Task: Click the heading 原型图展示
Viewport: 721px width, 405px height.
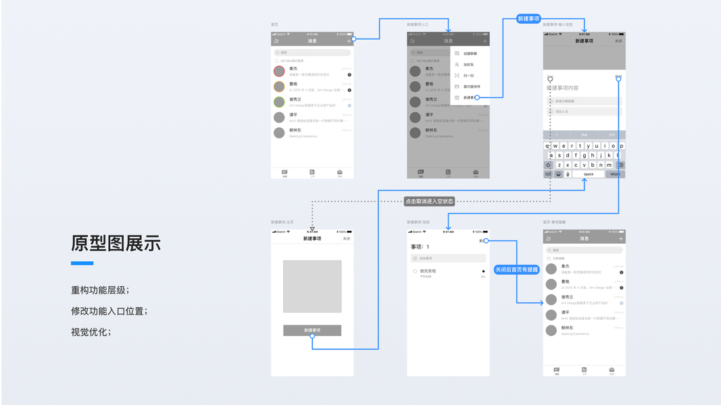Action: coord(116,244)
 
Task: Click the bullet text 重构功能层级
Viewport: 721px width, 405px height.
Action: coord(100,290)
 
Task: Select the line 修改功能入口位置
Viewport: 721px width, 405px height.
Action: coord(109,311)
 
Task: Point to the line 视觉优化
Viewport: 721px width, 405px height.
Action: coord(91,332)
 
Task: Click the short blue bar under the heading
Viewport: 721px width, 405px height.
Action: coord(82,263)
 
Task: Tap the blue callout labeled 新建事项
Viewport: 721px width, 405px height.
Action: coord(528,19)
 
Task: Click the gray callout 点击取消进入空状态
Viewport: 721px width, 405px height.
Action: coord(429,201)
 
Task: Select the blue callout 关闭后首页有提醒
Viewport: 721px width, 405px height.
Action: coord(517,269)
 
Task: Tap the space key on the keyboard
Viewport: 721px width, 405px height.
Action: coord(589,174)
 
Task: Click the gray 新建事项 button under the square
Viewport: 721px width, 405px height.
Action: coord(312,330)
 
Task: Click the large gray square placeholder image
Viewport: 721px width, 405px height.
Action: coord(312,286)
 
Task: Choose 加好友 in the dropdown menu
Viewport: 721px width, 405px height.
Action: coord(468,65)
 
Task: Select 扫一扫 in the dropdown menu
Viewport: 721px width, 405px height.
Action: coord(468,76)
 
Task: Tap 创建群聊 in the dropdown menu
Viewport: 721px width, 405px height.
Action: coord(470,53)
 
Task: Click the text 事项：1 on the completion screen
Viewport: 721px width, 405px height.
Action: coord(420,247)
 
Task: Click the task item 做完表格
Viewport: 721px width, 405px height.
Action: coord(428,271)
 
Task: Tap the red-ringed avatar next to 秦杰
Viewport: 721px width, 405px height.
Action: coord(279,71)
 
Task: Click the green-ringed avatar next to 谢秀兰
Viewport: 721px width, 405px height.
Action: coord(279,102)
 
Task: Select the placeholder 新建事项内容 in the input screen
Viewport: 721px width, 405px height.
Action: coord(564,88)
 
